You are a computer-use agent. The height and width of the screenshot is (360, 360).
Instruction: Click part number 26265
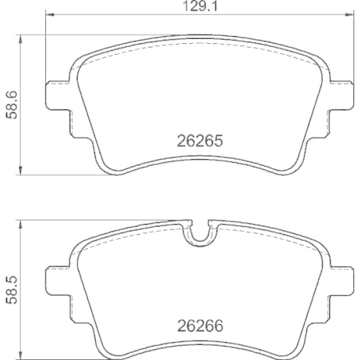click(x=199, y=142)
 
